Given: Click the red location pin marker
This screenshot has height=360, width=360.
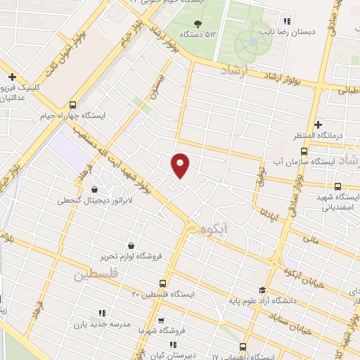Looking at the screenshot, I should [181, 165].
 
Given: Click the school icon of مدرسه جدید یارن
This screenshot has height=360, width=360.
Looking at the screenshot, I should [102, 313].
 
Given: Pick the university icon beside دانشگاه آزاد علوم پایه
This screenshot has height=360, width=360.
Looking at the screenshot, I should [262, 290].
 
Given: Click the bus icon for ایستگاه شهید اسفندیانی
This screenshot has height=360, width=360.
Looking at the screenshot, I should [338, 186].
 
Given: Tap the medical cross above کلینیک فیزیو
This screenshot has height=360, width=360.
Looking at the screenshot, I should [12, 77].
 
